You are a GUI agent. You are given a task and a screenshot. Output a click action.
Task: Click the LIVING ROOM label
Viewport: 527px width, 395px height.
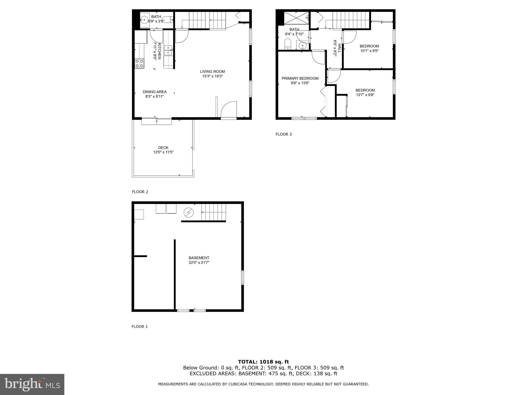pyautogui.click(x=212, y=72)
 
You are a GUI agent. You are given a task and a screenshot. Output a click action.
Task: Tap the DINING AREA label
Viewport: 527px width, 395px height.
pyautogui.click(x=154, y=92)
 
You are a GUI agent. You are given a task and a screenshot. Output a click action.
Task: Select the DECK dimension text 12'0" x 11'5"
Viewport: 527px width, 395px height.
pyautogui.click(x=163, y=152)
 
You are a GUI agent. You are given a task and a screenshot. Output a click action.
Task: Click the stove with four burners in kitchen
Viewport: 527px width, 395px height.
pyautogui.click(x=139, y=64)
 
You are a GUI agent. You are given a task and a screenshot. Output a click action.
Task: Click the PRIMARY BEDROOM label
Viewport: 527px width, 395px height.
pyautogui.click(x=300, y=78)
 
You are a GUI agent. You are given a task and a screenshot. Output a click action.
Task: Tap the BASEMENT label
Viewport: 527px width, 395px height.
pyautogui.click(x=199, y=258)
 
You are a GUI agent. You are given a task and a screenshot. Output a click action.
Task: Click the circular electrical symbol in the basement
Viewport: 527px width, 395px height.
pyautogui.click(x=189, y=213)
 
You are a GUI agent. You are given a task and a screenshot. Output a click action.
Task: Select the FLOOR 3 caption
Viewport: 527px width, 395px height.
pyautogui.click(x=283, y=134)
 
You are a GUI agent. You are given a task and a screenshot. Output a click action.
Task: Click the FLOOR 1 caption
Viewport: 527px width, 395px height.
pyautogui.click(x=139, y=327)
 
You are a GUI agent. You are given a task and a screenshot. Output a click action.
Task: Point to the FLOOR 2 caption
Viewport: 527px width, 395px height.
pyautogui.click(x=140, y=192)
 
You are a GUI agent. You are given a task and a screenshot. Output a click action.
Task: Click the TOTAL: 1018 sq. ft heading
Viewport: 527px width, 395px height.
pyautogui.click(x=263, y=362)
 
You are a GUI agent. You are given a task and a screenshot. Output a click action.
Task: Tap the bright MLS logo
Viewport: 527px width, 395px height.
pyautogui.click(x=32, y=384)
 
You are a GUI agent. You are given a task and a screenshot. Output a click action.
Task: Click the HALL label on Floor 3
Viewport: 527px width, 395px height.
pyautogui.click(x=339, y=48)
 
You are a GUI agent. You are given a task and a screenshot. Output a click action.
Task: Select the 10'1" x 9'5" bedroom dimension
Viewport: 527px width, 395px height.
pyautogui.click(x=369, y=51)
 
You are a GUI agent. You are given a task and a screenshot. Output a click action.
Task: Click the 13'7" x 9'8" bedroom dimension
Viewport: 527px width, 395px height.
pyautogui.click(x=365, y=95)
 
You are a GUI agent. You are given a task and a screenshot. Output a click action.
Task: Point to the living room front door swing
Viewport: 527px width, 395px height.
pyautogui.click(x=229, y=110)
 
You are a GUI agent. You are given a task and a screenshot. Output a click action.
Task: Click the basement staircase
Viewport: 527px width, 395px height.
pyautogui.click(x=213, y=212)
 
